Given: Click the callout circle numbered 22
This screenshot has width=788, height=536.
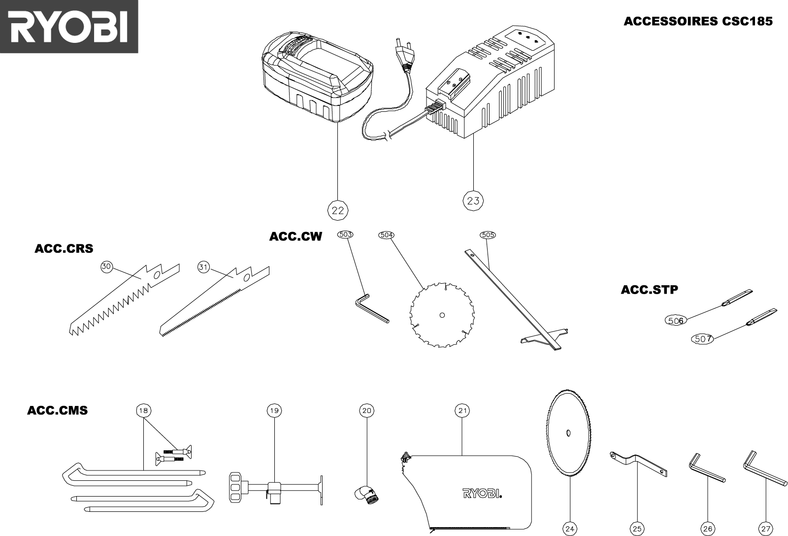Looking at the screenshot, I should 338,210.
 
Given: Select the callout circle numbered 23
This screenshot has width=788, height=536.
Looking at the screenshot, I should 473,201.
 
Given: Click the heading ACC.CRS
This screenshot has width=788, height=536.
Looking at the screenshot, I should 64,249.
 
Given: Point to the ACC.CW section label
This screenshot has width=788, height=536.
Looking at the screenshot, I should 295,237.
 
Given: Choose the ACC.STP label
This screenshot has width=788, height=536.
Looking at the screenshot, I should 649,290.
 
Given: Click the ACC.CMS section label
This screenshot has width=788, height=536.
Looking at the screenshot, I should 57,410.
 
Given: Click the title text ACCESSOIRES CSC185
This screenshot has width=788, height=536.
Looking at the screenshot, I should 698,21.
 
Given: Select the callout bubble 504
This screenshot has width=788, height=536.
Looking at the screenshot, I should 387,235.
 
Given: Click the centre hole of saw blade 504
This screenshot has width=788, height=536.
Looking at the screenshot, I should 442,314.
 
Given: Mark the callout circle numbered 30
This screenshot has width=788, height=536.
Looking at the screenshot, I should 106,267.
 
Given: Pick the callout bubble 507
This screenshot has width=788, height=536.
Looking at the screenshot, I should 703,339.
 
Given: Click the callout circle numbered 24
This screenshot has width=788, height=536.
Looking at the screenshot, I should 570,529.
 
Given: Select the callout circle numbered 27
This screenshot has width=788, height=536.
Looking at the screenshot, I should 766,529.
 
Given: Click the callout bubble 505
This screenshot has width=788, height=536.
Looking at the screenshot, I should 488,235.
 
